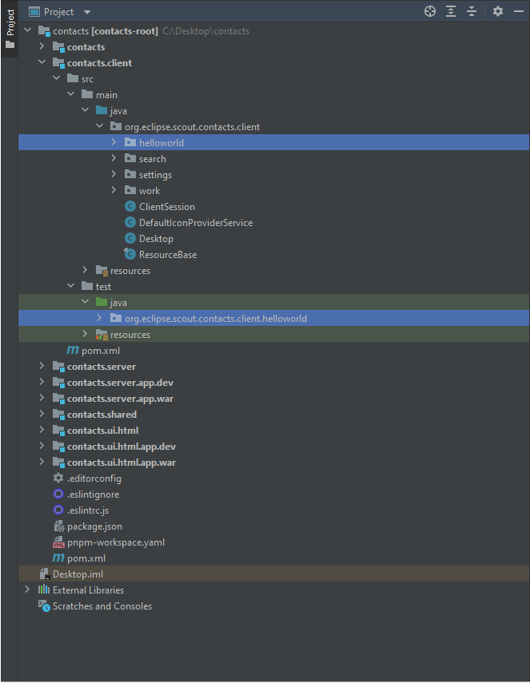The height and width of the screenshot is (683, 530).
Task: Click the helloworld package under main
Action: [161, 143]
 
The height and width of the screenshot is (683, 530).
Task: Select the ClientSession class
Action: [166, 207]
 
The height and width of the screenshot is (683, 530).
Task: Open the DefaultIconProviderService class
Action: [195, 223]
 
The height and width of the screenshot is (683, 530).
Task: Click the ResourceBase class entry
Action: [167, 255]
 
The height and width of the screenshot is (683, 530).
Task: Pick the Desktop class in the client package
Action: [156, 239]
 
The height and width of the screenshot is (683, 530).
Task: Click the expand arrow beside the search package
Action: [114, 159]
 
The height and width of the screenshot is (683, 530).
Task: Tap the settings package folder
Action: [154, 175]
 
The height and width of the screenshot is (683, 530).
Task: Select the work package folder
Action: [149, 191]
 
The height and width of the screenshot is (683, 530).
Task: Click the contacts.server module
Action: [101, 367]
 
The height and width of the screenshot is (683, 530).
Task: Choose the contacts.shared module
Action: [102, 415]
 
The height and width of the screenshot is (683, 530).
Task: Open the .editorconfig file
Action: [94, 478]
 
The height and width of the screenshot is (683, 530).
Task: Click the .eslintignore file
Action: [94, 494]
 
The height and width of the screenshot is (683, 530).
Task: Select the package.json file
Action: [94, 526]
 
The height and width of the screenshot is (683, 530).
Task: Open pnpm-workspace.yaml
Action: [116, 542]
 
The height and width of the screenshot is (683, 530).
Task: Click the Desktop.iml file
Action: [78, 574]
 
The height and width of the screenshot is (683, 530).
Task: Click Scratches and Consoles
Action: [102, 606]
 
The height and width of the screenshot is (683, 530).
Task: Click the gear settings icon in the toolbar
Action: [498, 11]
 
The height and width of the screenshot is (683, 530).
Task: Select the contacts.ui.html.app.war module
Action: [121, 463]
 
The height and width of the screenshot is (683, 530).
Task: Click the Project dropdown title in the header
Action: [60, 12]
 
